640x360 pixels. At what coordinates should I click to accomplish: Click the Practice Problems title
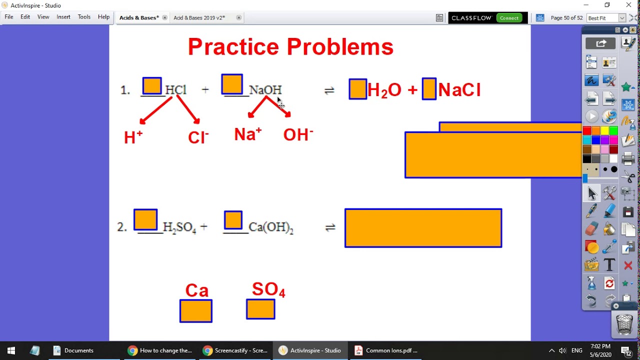290,47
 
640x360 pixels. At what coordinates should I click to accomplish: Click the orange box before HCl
152,86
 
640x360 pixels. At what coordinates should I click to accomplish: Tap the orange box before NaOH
232,84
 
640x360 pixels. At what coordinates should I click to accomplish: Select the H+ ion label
133,137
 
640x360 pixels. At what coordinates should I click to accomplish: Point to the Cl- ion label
198,137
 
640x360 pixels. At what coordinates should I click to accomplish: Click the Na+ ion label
248,134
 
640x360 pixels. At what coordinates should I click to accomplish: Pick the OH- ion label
298,134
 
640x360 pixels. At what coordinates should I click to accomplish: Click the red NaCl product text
459,90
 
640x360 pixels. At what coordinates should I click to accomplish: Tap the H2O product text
384,90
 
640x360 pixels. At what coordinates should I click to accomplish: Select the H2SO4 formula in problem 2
179,227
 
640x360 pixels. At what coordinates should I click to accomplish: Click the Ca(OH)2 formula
270,227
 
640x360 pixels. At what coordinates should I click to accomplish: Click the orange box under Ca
196,311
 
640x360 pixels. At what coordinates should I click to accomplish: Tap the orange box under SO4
260,309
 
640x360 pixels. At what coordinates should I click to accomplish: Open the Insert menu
63,17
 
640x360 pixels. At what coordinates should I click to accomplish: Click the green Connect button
509,18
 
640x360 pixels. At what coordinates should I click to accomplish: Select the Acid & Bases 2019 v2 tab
199,18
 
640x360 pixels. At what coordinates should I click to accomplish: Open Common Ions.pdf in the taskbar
385,350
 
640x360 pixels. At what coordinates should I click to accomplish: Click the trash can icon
624,324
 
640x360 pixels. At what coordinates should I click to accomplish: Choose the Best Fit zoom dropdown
606,18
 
